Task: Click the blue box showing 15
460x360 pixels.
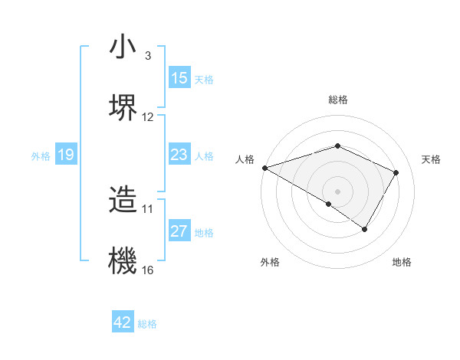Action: click(179, 77)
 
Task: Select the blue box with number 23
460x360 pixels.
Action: click(179, 155)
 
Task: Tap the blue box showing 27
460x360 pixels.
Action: click(179, 231)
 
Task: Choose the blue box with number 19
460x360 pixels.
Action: click(65, 155)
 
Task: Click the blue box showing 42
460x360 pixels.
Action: click(123, 322)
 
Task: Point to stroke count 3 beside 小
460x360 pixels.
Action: click(148, 56)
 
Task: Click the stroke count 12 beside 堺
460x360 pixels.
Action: click(148, 117)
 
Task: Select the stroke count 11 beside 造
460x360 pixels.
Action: click(148, 208)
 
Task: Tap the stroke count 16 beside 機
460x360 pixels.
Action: click(148, 270)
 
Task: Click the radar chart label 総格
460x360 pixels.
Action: click(337, 100)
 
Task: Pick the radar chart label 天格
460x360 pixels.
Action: click(432, 159)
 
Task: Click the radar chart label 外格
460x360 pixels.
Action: click(270, 263)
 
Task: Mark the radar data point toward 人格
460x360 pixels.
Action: click(264, 167)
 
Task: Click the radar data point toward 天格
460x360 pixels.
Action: click(396, 172)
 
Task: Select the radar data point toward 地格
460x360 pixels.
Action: click(365, 229)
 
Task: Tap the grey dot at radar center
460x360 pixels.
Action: click(337, 191)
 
